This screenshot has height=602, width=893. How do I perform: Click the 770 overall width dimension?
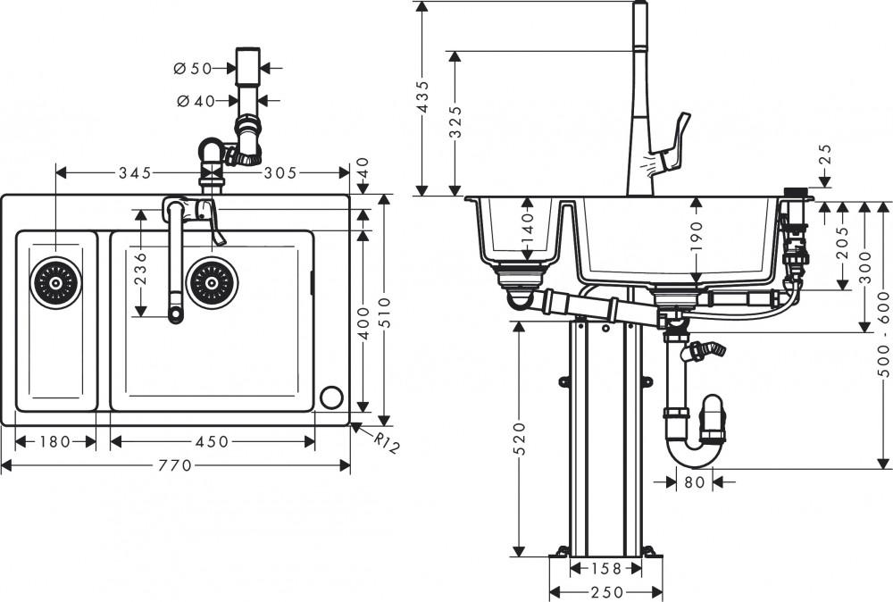[176, 465]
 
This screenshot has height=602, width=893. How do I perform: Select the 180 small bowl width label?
[55, 441]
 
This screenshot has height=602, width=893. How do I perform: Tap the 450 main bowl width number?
[212, 441]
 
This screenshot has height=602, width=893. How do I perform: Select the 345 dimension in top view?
[133, 171]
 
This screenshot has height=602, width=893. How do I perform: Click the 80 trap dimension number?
[696, 482]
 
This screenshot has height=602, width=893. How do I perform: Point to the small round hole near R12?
[332, 396]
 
